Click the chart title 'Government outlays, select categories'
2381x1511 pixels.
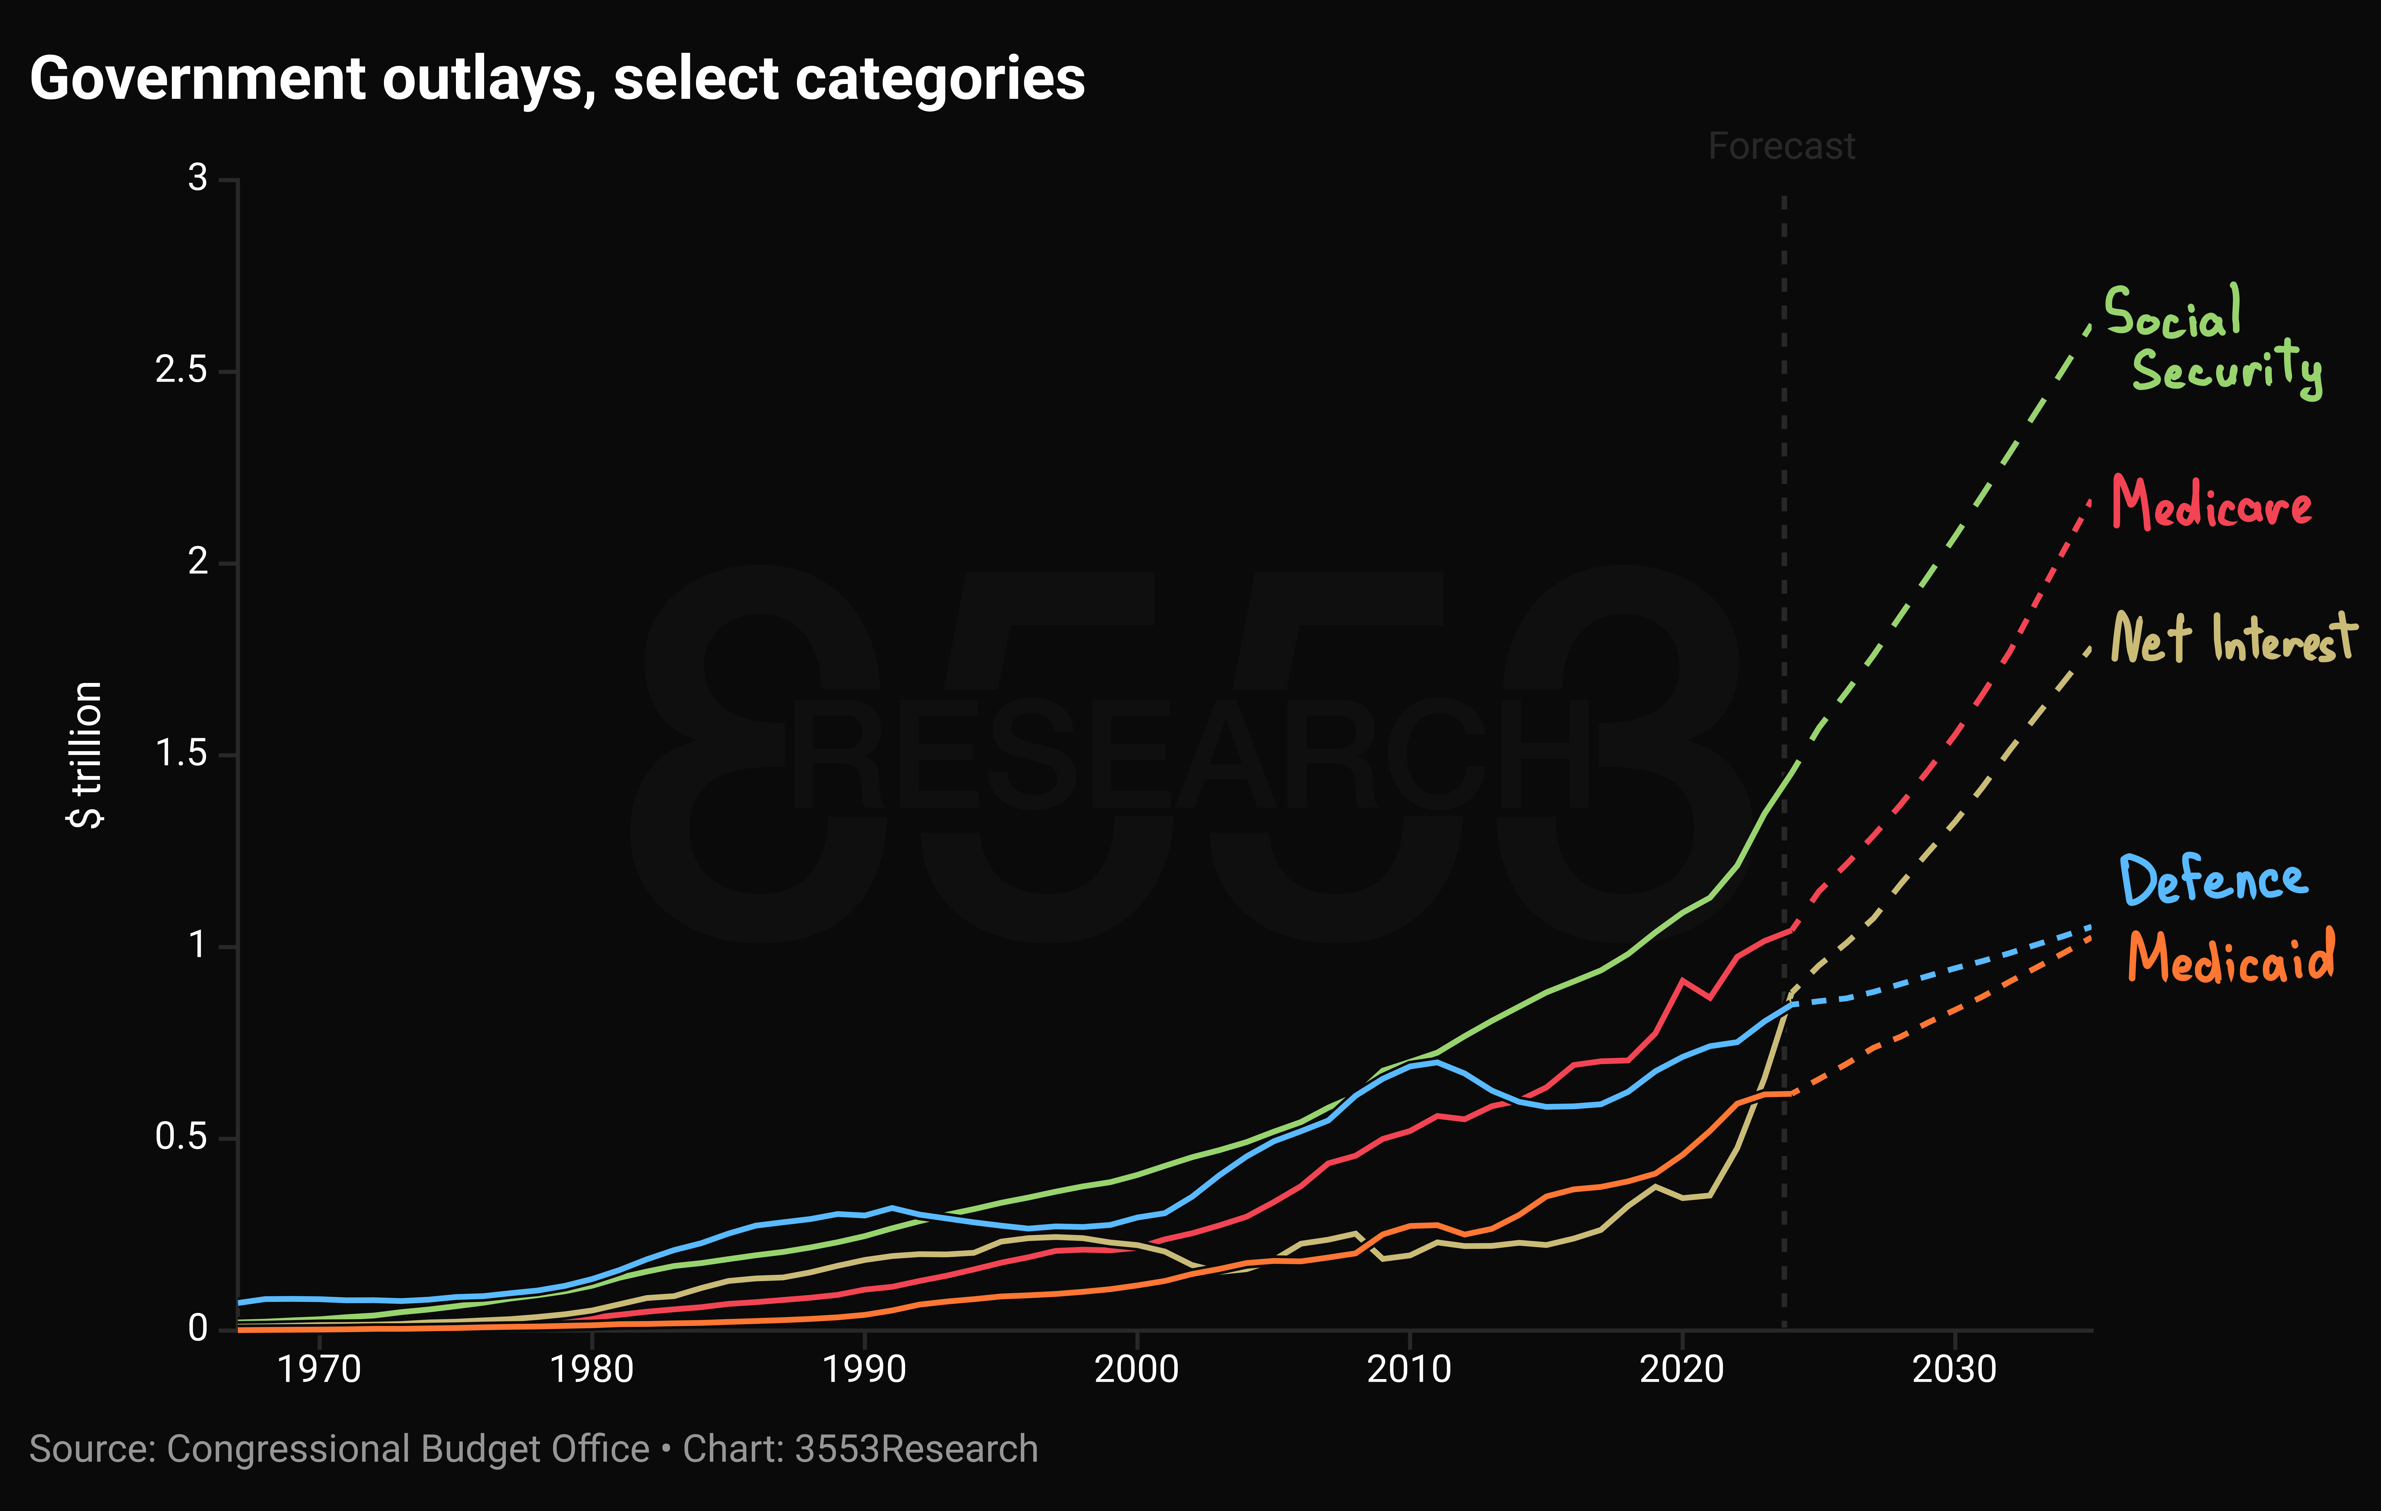click(558, 79)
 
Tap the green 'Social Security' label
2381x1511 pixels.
click(2213, 341)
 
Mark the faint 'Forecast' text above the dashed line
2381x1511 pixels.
click(1782, 146)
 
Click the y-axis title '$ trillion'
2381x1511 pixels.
click(85, 754)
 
